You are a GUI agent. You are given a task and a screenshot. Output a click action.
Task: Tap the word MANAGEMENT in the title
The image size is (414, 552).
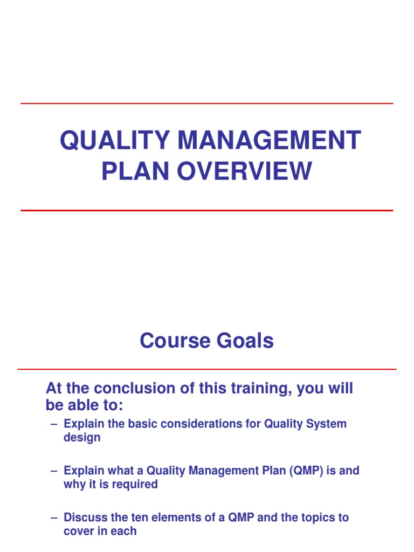pyautogui.click(x=269, y=141)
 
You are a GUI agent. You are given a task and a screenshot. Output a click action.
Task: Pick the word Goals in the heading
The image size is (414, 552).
pyautogui.click(x=247, y=341)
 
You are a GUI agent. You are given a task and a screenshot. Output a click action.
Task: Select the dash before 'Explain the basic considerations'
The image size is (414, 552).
pyautogui.click(x=53, y=424)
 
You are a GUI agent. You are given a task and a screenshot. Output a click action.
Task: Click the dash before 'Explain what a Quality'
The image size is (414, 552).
pyautogui.click(x=53, y=471)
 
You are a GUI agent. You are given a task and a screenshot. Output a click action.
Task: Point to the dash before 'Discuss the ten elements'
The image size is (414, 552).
pyautogui.click(x=53, y=518)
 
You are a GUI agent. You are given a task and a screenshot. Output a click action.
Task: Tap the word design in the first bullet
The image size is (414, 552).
pyautogui.click(x=82, y=437)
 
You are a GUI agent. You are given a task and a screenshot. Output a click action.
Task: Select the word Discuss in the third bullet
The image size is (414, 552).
pyautogui.click(x=82, y=517)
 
